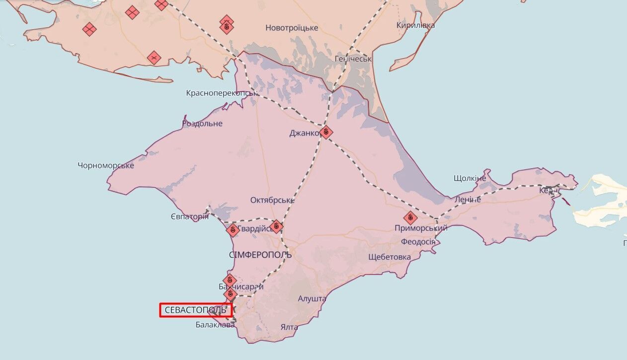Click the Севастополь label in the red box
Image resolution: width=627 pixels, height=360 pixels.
coord(196,310)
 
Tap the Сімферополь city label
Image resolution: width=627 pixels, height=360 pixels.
coord(260,255)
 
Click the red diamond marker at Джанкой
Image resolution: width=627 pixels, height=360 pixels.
coord(326,132)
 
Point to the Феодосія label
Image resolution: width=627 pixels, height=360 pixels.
coord(418,242)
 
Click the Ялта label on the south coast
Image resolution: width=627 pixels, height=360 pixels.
coord(289,327)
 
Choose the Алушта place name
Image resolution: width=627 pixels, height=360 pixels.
coord(312,299)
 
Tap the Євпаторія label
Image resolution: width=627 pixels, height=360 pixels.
coord(189,216)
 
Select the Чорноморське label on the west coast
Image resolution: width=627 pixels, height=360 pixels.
coord(106,165)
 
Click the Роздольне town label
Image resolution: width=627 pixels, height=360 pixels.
coord(202,123)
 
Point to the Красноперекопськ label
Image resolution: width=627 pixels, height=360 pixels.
coord(222,93)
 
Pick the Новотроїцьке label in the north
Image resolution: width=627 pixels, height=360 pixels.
coord(292,28)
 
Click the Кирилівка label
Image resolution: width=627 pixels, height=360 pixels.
coord(416,25)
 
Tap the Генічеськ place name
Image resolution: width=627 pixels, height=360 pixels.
coord(353,59)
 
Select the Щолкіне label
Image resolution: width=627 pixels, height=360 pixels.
coord(470,178)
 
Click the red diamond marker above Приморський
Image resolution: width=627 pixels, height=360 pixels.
coord(410,217)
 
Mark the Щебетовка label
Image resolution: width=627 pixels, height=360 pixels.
coord(390,257)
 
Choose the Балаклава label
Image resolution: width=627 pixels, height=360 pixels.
coord(215,325)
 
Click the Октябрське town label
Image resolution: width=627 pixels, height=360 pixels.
coord(272,200)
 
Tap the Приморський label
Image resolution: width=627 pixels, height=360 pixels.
coord(421,228)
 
